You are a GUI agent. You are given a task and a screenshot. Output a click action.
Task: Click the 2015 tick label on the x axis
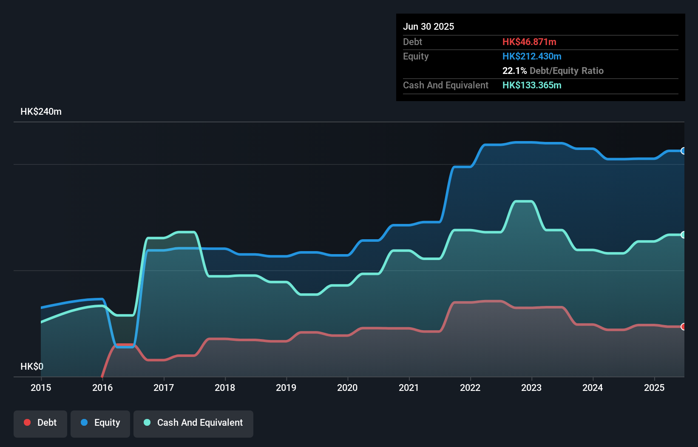[x=41, y=388]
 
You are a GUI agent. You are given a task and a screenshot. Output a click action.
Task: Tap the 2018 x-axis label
[x=225, y=388]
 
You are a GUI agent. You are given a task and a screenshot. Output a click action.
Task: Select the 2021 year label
[x=409, y=388]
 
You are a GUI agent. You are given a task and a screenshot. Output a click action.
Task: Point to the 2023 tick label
[x=531, y=388]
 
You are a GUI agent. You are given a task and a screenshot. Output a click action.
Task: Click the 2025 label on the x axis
[x=654, y=388]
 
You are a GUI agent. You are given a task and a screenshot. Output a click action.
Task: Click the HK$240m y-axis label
[x=41, y=112]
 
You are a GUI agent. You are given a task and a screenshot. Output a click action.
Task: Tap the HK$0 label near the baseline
[x=32, y=366]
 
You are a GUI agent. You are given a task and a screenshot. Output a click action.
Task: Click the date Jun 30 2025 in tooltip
[x=428, y=26]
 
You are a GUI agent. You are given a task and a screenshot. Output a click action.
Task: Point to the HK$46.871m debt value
[x=529, y=42]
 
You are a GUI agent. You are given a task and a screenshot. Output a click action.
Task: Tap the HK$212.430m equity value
[x=532, y=56]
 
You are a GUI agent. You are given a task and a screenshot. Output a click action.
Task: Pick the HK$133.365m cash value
[x=532, y=85]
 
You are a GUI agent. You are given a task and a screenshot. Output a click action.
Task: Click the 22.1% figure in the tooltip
[x=514, y=71]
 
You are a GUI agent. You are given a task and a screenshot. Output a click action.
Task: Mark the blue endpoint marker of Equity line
[x=683, y=151]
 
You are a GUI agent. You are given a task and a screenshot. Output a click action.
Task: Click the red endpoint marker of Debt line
[x=683, y=327]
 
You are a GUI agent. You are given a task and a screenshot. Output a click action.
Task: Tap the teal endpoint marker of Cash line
[x=683, y=235]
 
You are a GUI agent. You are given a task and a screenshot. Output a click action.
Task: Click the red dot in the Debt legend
[x=27, y=422]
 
